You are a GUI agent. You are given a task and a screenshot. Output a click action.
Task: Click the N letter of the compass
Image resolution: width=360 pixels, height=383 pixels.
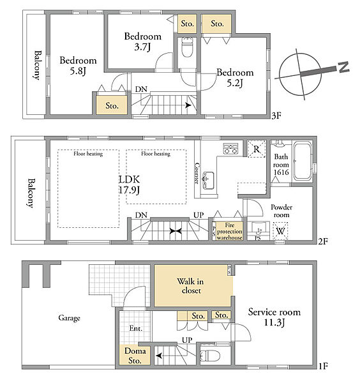click(x=343, y=67)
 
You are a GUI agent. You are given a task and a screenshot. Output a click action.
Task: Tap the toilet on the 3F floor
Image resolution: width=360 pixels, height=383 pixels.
click(x=187, y=48)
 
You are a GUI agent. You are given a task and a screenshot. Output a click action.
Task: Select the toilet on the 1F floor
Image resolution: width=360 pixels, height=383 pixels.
click(x=210, y=356)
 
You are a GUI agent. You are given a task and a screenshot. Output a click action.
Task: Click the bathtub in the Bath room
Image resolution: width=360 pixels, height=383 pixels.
click(x=303, y=161)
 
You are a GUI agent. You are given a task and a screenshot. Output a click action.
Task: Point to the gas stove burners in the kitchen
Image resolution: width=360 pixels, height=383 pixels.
click(x=231, y=149)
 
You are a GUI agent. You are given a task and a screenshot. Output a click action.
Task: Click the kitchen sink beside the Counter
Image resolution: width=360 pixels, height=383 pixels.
click(x=208, y=180)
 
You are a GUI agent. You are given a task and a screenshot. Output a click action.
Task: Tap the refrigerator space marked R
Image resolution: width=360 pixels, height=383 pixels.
click(x=257, y=149)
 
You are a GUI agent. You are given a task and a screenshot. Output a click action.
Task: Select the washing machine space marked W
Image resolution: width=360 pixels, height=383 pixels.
click(x=280, y=230)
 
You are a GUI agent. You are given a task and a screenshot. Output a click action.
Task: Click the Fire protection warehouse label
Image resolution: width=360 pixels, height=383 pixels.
click(x=230, y=231)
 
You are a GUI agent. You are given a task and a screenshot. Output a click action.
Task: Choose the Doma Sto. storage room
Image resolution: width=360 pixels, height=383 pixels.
click(x=135, y=355)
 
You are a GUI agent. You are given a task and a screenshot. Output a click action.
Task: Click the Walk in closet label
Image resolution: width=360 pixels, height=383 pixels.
click(x=190, y=286)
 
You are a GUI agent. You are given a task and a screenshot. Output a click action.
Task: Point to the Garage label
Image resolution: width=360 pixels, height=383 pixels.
click(x=69, y=318)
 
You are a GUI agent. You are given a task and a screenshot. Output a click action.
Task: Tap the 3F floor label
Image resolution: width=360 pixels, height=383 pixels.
click(x=276, y=116)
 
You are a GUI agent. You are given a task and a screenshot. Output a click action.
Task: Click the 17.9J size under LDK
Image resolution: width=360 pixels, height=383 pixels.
click(x=129, y=190)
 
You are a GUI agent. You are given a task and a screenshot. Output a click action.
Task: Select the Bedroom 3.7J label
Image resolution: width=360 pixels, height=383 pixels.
click(x=142, y=41)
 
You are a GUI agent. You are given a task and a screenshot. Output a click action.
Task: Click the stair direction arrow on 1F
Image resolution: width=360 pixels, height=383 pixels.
click(x=159, y=356)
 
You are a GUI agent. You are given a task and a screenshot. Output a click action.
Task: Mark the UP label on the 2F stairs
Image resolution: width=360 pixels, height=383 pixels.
click(x=199, y=215)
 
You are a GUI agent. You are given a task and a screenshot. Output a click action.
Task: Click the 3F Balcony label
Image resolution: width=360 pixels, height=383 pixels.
click(x=37, y=65)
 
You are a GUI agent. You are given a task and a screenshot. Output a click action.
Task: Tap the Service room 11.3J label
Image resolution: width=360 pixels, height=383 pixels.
click(x=274, y=317)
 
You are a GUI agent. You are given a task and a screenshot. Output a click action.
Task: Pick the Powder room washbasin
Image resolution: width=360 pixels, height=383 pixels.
click(x=259, y=229)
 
